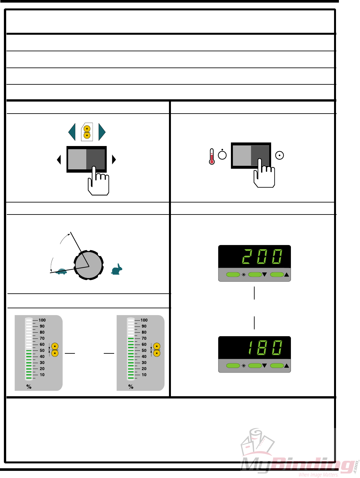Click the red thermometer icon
point(212,156)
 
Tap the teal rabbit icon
point(117,269)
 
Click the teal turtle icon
point(61,271)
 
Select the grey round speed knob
point(89,265)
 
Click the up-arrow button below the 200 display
point(277,275)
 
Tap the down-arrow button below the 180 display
point(255,366)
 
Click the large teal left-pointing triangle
point(72,132)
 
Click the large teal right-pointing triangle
point(102,132)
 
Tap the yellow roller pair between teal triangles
point(87,132)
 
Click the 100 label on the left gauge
point(42,320)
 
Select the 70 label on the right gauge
point(144,338)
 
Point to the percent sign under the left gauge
point(29,387)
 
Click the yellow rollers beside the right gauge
point(157,350)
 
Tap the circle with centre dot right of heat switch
point(279,155)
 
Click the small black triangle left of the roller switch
point(59,159)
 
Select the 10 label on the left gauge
point(42,375)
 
